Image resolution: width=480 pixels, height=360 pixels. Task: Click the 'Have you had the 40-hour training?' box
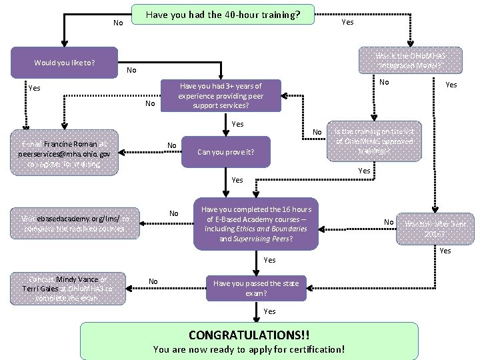[223, 14]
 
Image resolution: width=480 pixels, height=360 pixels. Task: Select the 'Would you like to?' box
[65, 63]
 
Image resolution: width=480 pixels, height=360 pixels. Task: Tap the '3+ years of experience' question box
[221, 96]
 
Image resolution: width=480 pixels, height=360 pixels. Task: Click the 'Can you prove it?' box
[225, 152]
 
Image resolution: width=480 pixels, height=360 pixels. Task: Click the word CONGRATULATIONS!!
[249, 333]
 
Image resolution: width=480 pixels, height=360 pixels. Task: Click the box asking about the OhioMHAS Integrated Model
[401, 61]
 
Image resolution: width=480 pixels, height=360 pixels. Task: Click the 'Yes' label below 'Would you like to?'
[34, 87]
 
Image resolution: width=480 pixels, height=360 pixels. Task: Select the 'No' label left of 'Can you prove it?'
[171, 145]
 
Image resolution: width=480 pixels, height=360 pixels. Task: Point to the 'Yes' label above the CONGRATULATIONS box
[269, 311]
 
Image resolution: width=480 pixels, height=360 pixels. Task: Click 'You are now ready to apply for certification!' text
[249, 349]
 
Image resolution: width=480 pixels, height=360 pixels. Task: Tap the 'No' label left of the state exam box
[153, 281]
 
